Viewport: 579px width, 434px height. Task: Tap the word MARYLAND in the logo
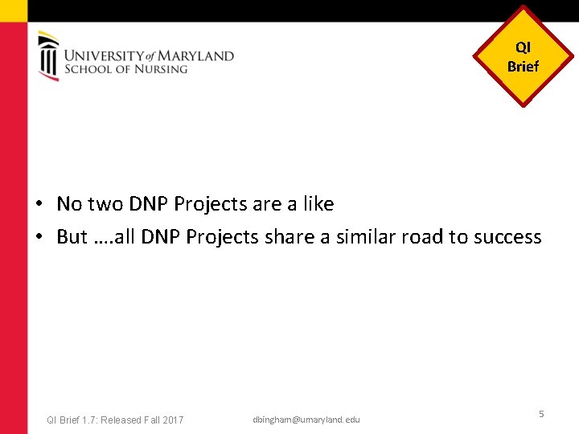pos(196,56)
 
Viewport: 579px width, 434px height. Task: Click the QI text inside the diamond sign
pos(523,48)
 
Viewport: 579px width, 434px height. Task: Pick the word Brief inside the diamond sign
pos(523,67)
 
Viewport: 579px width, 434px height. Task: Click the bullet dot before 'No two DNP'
pos(39,205)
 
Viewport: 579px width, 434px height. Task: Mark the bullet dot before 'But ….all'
pos(39,237)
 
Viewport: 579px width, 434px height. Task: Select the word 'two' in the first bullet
pos(105,204)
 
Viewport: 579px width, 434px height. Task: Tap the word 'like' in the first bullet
pos(318,204)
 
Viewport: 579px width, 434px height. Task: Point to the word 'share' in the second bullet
pos(289,237)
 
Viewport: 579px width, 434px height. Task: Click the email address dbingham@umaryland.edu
pos(306,420)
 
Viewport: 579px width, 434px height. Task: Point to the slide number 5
pos(541,413)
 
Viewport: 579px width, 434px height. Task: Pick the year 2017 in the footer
pos(172,420)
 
